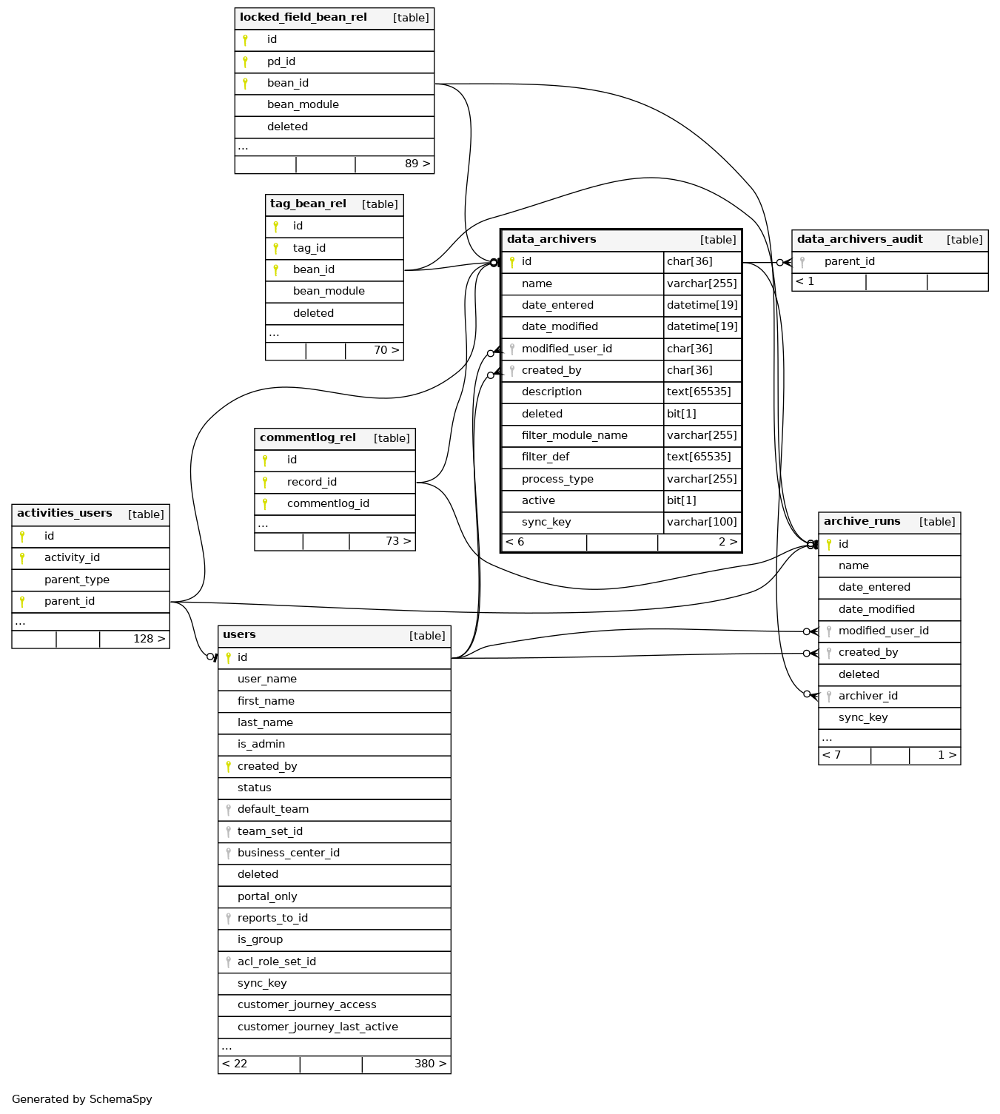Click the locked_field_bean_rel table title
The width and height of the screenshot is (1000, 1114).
[x=303, y=18]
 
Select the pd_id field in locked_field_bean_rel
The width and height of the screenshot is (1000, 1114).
[x=281, y=62]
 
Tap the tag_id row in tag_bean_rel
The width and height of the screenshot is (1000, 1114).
[x=309, y=249]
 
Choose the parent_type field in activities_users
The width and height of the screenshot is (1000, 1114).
[x=77, y=580]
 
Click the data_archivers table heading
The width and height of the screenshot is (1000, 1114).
[x=551, y=240]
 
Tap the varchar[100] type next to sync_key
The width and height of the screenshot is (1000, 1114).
[x=702, y=523]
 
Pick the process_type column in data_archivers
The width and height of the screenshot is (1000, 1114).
[x=557, y=480]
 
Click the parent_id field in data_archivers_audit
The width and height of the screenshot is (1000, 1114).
[x=849, y=262]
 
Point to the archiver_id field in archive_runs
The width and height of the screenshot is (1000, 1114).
[x=868, y=697]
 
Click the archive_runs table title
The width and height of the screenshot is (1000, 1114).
[x=862, y=522]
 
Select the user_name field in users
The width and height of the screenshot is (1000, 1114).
[x=267, y=680]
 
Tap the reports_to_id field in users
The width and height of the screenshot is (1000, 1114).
[x=272, y=919]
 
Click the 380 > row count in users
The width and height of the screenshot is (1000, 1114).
[x=430, y=1064]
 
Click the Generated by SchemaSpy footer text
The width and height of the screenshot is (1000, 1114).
[x=82, y=1100]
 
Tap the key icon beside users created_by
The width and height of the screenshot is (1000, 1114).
[x=228, y=767]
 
